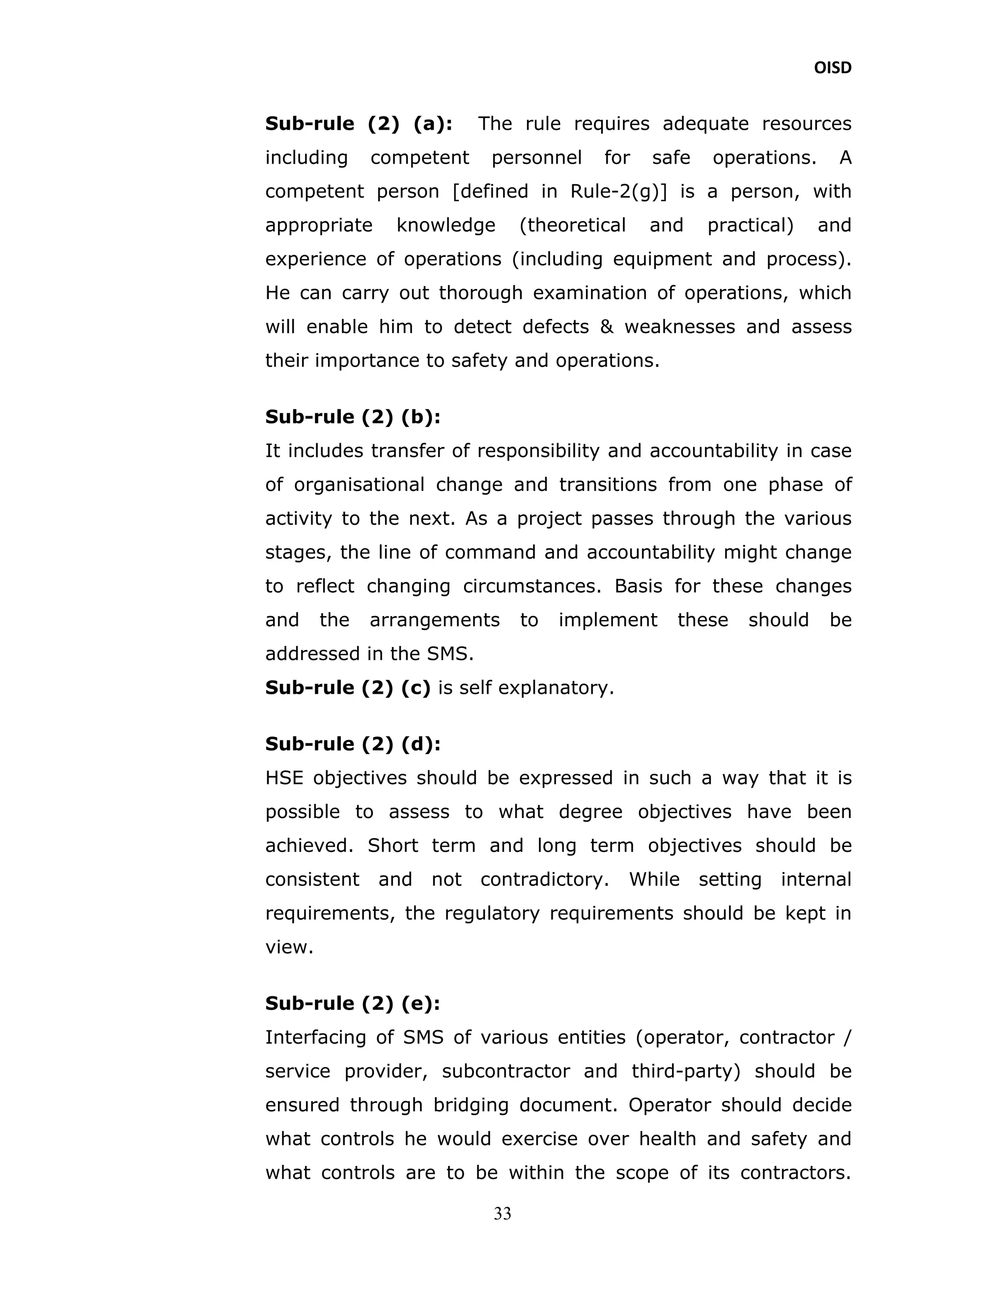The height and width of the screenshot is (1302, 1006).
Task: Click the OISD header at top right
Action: [x=832, y=68]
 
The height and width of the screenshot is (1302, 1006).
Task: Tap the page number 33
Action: [x=503, y=1213]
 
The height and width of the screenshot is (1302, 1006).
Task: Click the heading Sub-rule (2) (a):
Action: [x=358, y=124]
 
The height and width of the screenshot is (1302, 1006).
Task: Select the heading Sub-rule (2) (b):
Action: [x=353, y=417]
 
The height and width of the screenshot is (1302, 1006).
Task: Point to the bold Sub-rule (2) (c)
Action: [x=347, y=687]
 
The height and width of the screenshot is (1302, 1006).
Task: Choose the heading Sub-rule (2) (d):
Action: [x=353, y=744]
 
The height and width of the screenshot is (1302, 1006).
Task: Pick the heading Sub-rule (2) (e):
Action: [x=353, y=1003]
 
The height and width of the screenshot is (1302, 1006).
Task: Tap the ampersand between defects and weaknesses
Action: [x=607, y=327]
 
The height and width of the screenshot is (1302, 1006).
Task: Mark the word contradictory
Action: [x=544, y=879]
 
